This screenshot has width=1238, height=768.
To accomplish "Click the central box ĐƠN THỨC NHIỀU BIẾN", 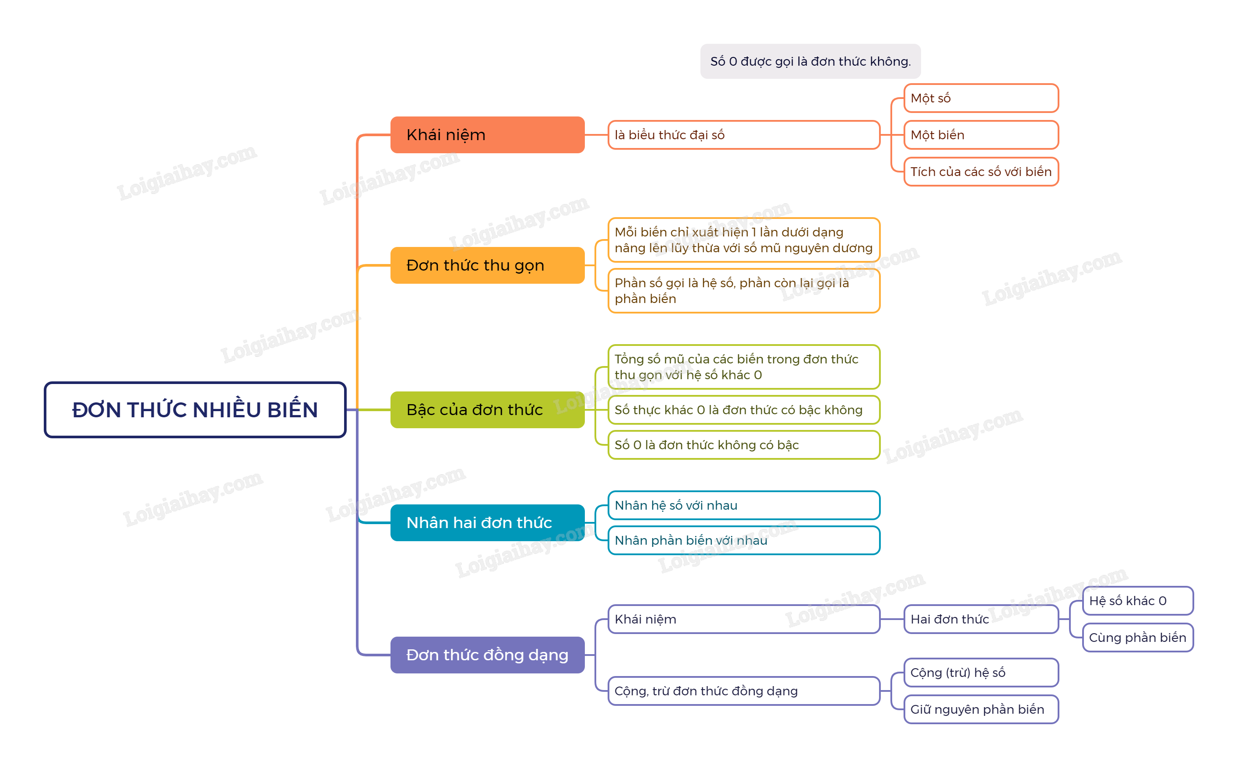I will [195, 409].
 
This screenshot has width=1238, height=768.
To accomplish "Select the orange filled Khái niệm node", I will [487, 134].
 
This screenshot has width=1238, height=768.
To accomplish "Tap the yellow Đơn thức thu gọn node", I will [487, 265].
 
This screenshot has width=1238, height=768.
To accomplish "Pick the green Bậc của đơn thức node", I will [487, 409].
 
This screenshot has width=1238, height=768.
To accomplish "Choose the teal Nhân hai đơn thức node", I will [487, 522].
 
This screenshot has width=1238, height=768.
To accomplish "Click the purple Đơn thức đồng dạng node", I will [487, 655].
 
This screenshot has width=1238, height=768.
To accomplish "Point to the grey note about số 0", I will [810, 61].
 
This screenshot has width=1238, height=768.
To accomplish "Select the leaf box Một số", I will [981, 98].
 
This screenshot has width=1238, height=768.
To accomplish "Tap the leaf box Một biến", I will [981, 134].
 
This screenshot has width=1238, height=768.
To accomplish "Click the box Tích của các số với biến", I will [981, 172].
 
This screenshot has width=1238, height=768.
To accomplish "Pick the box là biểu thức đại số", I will [743, 134].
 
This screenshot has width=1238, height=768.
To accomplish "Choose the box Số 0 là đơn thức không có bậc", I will [743, 445].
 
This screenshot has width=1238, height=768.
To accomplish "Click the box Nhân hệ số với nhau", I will [743, 505].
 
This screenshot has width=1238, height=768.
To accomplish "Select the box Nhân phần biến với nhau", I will [743, 540].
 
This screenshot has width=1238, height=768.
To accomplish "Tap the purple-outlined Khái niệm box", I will [743, 619].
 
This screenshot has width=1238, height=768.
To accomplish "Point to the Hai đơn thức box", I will [981, 619].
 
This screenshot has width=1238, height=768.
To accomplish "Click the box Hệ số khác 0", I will [1137, 601].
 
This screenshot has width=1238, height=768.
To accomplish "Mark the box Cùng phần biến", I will [1137, 638].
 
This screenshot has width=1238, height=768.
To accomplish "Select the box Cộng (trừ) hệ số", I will [981, 673].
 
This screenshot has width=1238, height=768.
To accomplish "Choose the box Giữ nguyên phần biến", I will [981, 709].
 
